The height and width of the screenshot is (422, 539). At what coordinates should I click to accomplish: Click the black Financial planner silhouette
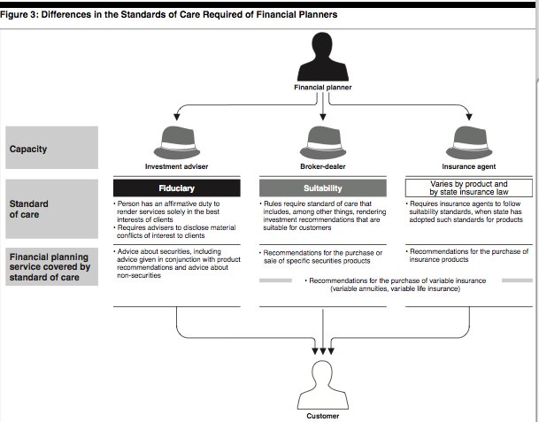(323, 58)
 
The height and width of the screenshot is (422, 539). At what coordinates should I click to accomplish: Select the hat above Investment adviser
(177, 142)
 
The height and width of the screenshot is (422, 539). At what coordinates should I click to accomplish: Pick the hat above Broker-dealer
(323, 142)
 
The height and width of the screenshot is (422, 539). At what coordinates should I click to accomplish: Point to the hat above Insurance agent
(469, 142)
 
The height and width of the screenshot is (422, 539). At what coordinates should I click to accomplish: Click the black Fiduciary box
(177, 188)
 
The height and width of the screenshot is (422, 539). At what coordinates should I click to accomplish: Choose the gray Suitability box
(323, 188)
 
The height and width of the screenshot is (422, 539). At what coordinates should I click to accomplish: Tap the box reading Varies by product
(469, 188)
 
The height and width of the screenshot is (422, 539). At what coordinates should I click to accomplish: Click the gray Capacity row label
(51, 148)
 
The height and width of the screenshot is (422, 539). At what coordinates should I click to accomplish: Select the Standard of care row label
(51, 209)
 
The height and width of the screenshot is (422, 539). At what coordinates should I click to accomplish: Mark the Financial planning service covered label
(51, 266)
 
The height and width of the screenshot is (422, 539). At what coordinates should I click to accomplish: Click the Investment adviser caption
(177, 166)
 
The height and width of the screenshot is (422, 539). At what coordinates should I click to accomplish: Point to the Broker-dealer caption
(323, 166)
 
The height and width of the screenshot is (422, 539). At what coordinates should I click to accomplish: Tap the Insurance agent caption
(469, 166)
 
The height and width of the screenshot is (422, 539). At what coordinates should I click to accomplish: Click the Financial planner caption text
(323, 88)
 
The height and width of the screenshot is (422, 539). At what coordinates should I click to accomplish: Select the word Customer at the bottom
(323, 416)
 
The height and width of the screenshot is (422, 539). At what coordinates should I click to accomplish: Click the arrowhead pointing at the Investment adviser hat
(177, 117)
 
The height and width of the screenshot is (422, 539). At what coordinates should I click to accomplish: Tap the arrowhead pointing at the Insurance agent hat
(469, 117)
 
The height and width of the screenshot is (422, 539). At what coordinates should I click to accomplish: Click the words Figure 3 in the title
(19, 15)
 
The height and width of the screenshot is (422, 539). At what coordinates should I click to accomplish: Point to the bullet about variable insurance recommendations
(396, 285)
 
